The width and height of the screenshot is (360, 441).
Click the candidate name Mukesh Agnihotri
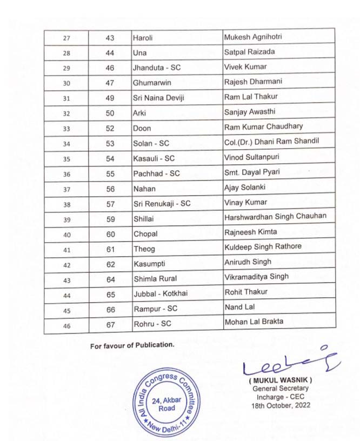pyautogui.click(x=253, y=38)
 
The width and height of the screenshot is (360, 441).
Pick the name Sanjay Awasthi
pyautogui.click(x=249, y=112)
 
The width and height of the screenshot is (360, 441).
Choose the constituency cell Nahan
pyautogui.click(x=144, y=189)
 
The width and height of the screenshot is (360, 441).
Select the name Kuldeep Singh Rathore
pyautogui.click(x=263, y=247)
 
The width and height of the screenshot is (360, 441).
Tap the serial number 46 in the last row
pyautogui.click(x=67, y=325)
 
